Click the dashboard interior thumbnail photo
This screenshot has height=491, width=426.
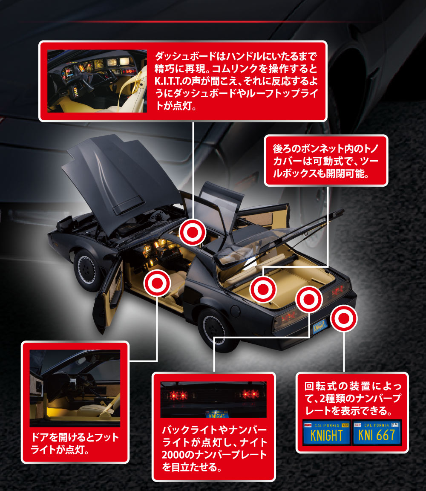coord(97,81)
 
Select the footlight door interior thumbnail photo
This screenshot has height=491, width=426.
coord(75,388)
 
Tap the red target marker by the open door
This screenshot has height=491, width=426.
coord(156,283)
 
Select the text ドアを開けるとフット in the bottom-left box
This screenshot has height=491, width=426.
coord(75,438)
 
